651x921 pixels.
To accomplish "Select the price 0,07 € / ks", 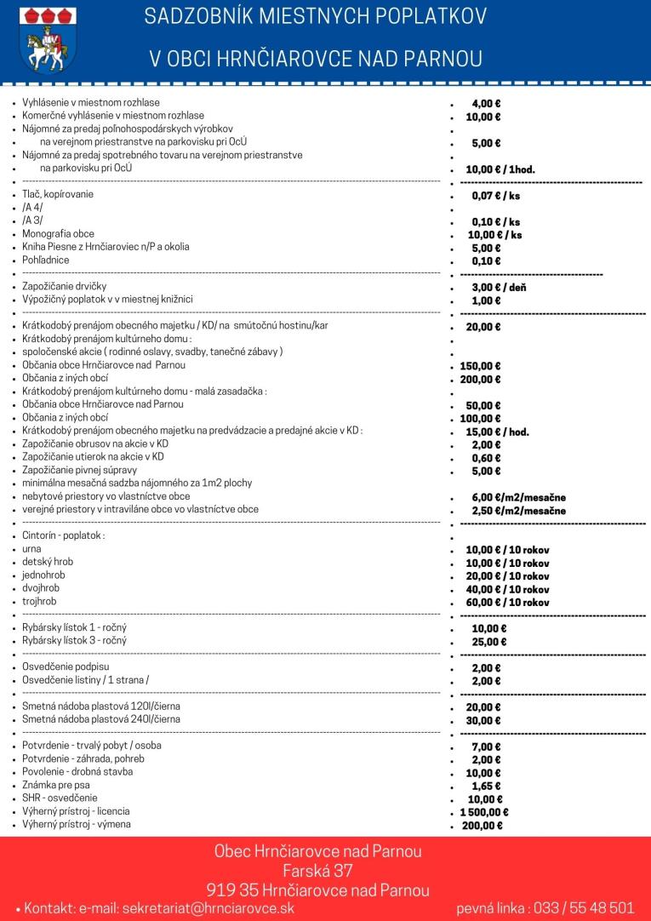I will click(496, 196).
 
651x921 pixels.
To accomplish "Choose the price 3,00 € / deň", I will click(499, 287).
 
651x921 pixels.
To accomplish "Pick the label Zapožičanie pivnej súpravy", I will click(80, 470).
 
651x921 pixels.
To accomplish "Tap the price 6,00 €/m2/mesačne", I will click(518, 497).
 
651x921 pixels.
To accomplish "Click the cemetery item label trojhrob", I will click(39, 601).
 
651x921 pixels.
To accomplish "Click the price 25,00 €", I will click(489, 642).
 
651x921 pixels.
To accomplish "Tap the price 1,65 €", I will click(486, 786).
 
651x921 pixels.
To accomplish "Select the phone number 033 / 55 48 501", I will click(584, 908).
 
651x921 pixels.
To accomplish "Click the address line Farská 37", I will click(317, 871).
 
